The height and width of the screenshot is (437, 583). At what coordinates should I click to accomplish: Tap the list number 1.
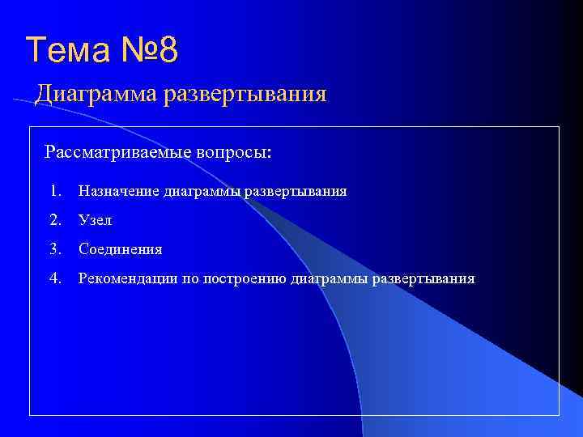click(x=53, y=191)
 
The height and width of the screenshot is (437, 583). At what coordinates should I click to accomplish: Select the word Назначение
click(x=118, y=191)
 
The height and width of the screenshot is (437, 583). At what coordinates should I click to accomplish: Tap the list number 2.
click(x=53, y=220)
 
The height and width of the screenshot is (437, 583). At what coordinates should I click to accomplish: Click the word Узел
click(x=95, y=220)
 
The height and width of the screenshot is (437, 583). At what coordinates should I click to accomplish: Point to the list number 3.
click(x=53, y=249)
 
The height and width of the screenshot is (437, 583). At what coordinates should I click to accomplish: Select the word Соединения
click(x=120, y=249)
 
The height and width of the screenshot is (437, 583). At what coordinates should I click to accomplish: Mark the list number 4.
click(x=53, y=278)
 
